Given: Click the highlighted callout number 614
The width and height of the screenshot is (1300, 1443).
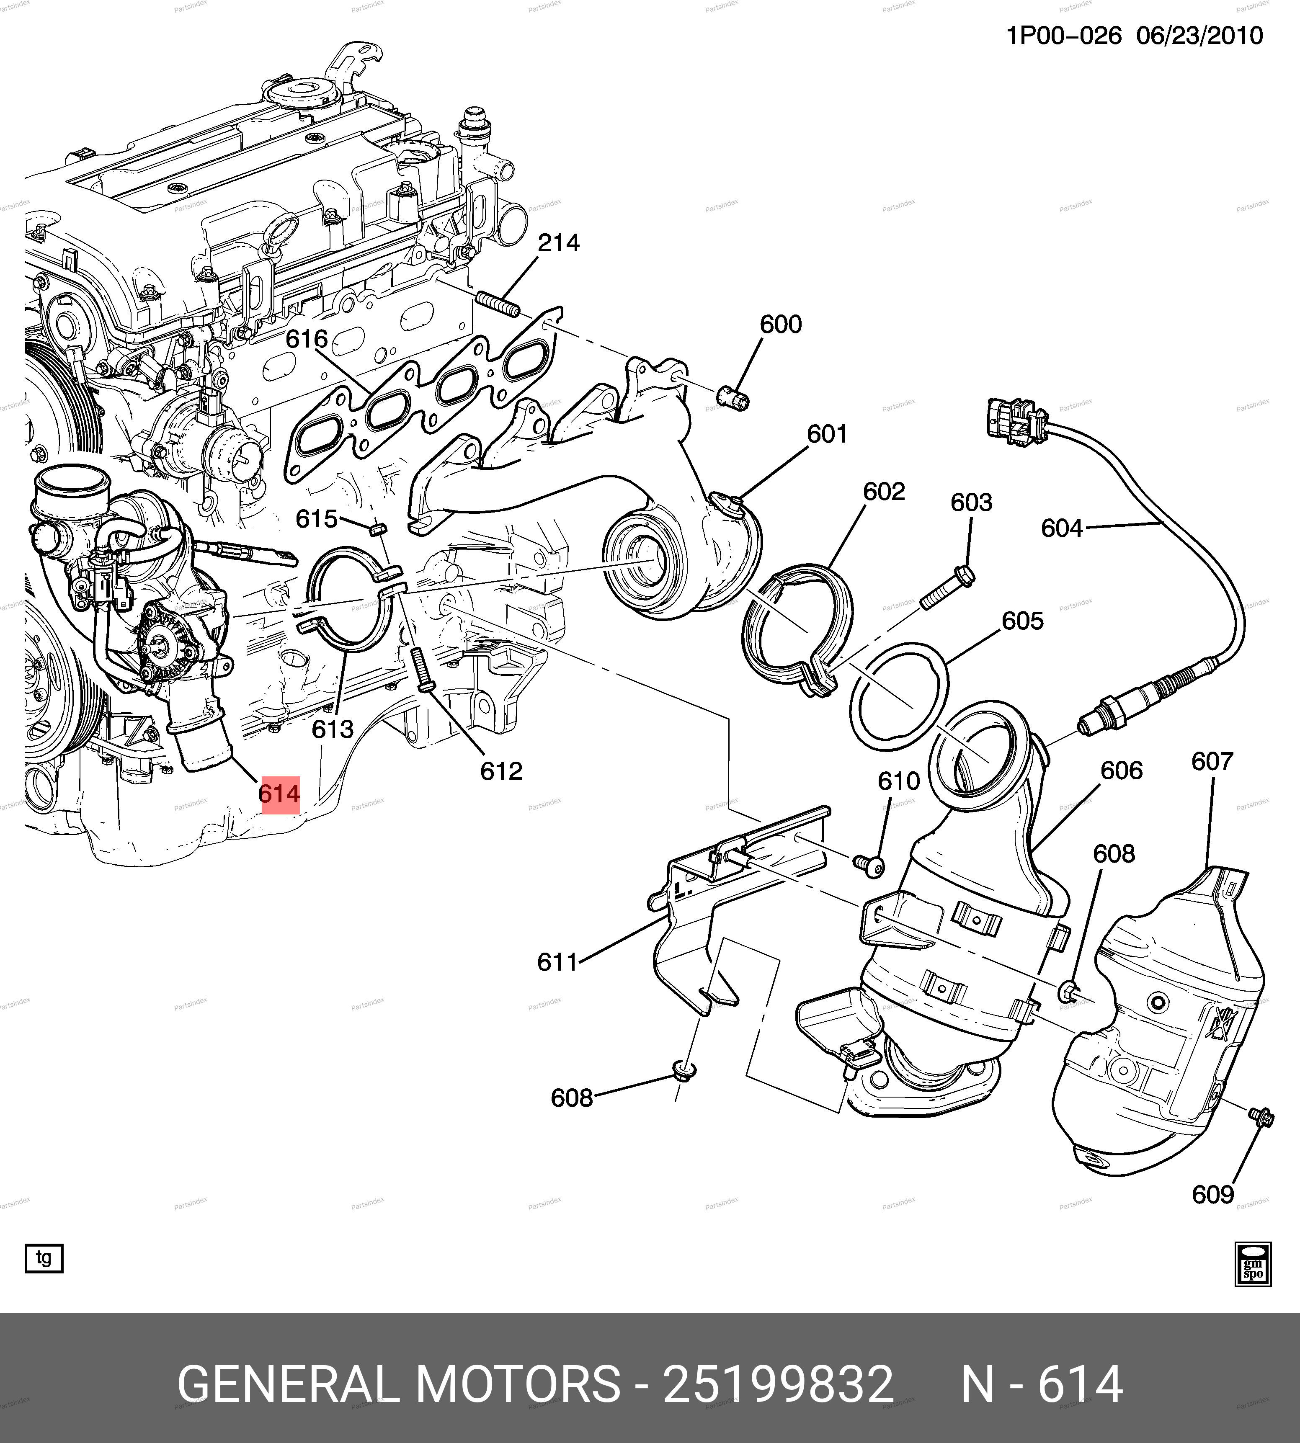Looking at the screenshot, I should pyautogui.click(x=279, y=794).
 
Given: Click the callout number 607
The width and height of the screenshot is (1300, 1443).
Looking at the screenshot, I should pyautogui.click(x=1212, y=762).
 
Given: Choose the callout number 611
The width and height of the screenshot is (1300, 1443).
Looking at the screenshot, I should pyautogui.click(x=557, y=962).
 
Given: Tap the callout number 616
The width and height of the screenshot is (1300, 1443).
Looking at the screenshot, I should pyautogui.click(x=307, y=339).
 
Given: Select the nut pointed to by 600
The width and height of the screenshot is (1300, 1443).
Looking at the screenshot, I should pyautogui.click(x=731, y=397).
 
